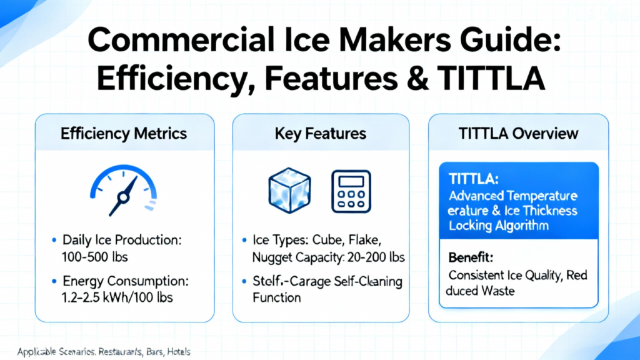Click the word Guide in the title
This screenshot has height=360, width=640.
[510, 41]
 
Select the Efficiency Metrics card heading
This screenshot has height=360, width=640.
[124, 134]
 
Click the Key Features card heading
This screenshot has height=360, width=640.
[321, 134]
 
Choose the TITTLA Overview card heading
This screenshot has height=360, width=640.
[518, 134]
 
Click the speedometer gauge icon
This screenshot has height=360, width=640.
[123, 190]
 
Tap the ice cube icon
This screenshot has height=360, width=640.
[289, 190]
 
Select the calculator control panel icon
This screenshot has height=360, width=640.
[351, 191]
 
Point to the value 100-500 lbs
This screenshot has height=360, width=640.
[95, 257]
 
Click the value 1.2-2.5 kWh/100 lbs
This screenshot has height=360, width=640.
[117, 297]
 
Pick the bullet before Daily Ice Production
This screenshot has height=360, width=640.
[54, 240]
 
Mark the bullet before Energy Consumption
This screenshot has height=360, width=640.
[54, 281]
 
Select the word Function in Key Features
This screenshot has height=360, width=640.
[277, 297]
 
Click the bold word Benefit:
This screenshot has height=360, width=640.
[471, 257]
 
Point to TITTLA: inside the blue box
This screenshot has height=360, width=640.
[474, 179]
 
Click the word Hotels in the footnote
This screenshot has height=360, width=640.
[178, 351]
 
